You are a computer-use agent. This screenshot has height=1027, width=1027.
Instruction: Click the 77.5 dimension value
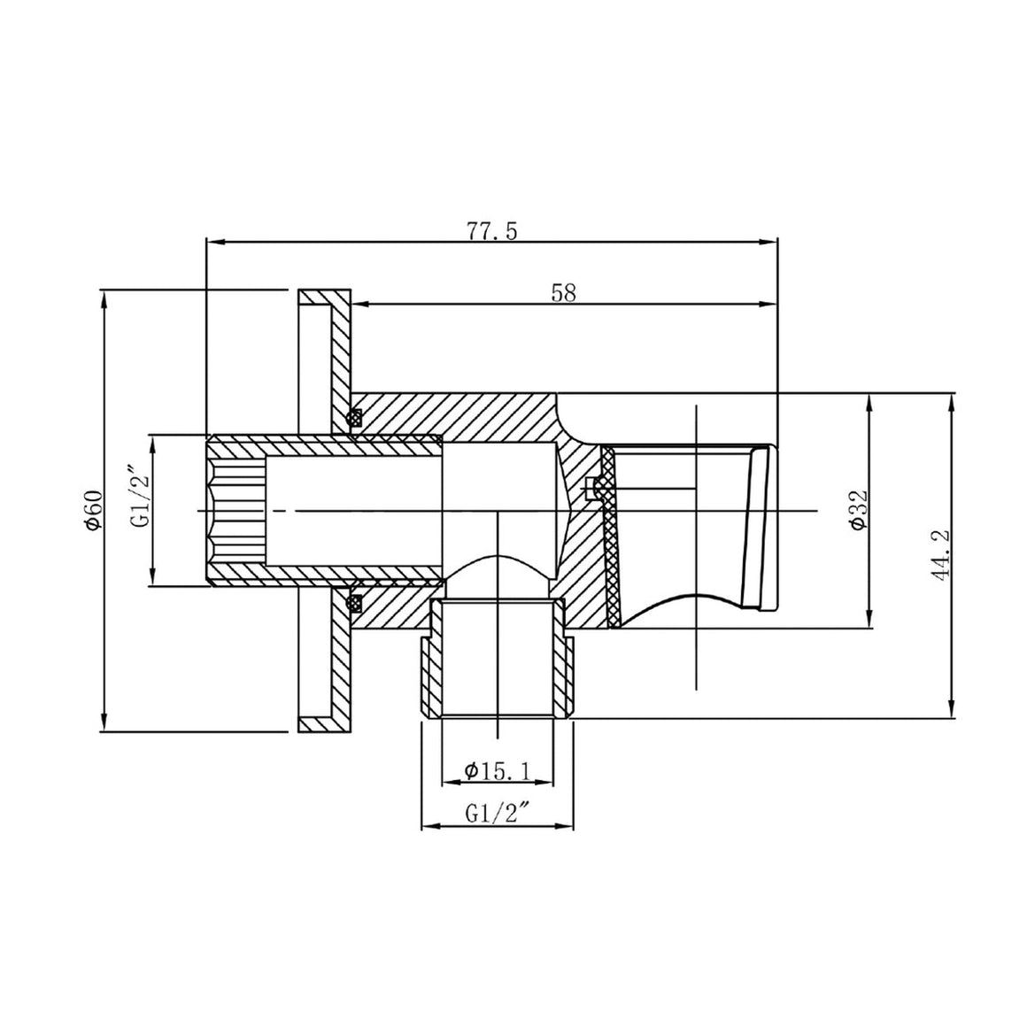tap(492, 231)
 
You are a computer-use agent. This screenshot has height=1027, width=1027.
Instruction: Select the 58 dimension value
tap(564, 292)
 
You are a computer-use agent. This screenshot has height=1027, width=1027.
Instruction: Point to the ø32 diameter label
tap(859, 510)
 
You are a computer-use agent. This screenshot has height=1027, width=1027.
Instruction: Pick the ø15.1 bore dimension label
tap(498, 771)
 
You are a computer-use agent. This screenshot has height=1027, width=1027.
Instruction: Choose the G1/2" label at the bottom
tap(498, 815)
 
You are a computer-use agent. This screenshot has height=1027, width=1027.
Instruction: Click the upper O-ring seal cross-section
tap(355, 417)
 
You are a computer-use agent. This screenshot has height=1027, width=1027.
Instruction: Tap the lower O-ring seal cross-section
tap(355, 602)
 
